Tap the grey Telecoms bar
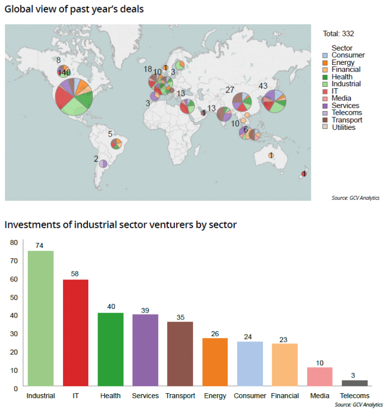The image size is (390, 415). click(354, 383)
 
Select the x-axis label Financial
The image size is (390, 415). click(285, 396)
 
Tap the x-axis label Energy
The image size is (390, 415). click(215, 396)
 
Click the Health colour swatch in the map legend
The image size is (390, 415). click(327, 77)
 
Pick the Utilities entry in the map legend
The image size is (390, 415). click(343, 127)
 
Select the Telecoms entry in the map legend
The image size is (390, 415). click(346, 113)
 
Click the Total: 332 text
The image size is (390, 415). click(338, 33)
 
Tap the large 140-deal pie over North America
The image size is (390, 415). click(74, 96)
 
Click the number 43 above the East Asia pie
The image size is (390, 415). click(263, 86)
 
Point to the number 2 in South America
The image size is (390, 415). click(95, 159)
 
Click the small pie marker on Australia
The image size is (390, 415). click(271, 155)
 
